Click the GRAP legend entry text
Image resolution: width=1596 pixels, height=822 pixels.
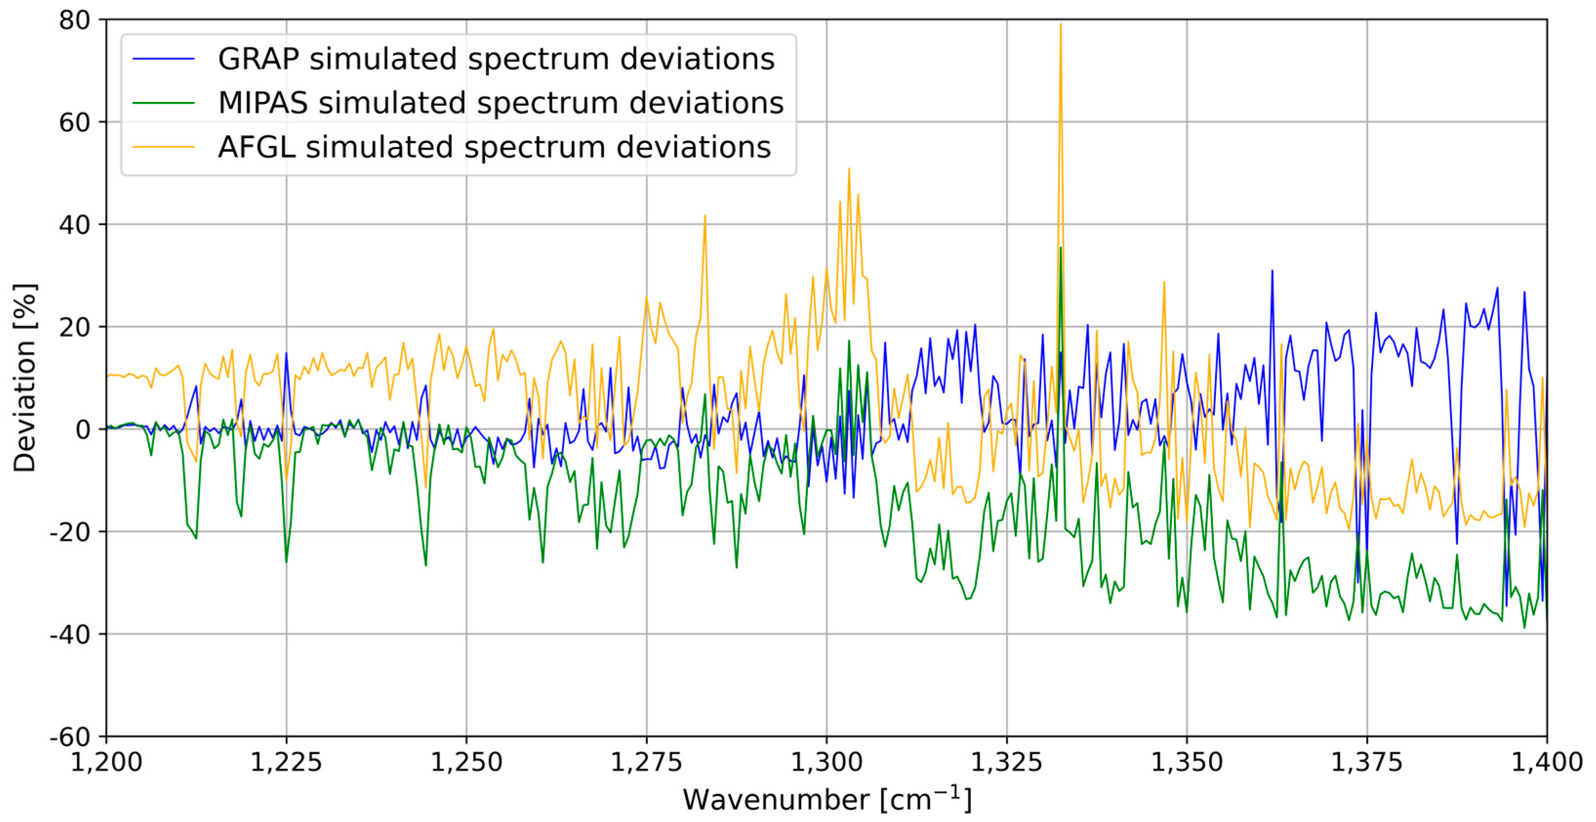[x=496, y=59]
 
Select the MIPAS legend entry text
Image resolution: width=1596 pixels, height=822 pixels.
[x=501, y=103]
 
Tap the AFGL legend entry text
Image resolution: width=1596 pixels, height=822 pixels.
[x=494, y=147]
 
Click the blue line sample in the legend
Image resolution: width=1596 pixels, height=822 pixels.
[x=163, y=59]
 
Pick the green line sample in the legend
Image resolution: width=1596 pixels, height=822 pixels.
[x=163, y=103]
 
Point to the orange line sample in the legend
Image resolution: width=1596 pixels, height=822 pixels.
[x=163, y=147]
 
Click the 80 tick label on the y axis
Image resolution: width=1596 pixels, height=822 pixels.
[x=74, y=21]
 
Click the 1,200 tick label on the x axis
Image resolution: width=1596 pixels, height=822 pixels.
[x=106, y=762]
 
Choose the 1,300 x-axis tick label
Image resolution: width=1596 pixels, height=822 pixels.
[x=827, y=762]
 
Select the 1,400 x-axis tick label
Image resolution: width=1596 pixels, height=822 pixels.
[x=1546, y=762]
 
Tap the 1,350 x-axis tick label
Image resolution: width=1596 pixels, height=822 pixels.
[x=1187, y=762]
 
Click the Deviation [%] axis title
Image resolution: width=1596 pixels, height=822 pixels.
[x=25, y=378]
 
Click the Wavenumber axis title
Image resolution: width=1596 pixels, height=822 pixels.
[x=827, y=800]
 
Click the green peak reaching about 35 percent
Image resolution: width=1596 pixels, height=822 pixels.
[x=1061, y=248]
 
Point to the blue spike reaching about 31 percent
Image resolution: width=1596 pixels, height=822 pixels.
[x=1272, y=271]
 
